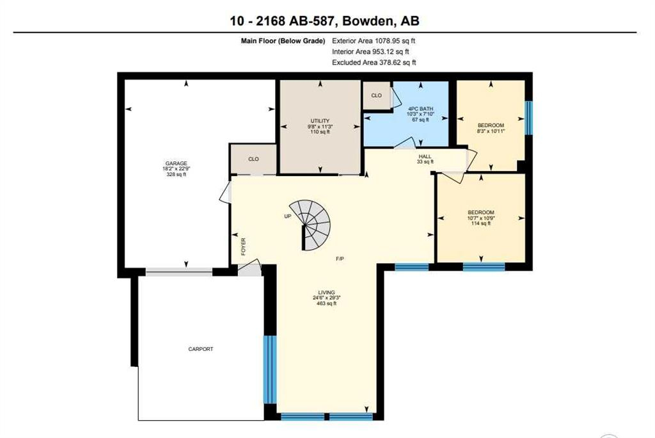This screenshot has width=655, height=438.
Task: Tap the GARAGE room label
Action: coord(177,163)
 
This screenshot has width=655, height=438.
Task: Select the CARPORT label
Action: coord(200,349)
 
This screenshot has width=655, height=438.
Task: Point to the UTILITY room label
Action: coord(320,121)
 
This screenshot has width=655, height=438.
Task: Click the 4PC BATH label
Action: coord(421,109)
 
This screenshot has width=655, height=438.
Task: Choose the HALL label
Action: coord(425,156)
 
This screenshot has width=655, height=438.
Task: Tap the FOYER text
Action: coord(244,247)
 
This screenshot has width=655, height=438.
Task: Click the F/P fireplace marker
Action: coord(340,259)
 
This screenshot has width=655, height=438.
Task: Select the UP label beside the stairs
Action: coord(287,216)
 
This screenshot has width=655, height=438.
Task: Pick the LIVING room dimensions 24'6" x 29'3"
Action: coord(327,298)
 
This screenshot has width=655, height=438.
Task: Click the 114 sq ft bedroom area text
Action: coord(481,223)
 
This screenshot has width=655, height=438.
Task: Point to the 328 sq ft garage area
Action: coord(177,174)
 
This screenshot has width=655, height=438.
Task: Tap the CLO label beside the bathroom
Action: coord(376,95)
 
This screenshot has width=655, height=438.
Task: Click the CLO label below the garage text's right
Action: coord(253,159)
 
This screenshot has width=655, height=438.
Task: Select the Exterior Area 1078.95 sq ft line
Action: coord(374,41)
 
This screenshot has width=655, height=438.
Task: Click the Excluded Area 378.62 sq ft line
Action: coord(374,63)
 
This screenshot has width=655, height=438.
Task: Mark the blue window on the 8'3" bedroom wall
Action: coord(528,118)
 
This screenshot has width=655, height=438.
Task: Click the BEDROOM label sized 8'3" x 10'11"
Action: coord(491,125)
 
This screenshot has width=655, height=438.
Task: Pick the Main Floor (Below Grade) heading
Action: coord(283,41)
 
